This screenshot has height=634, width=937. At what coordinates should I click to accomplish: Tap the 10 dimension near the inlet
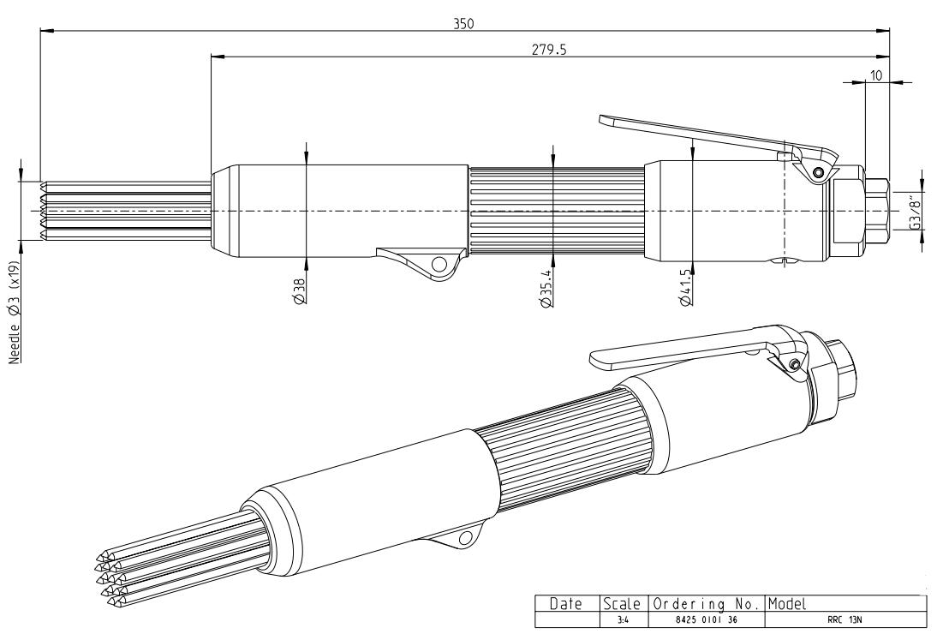pyautogui.click(x=876, y=75)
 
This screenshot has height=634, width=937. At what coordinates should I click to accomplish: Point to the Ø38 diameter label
pyautogui.click(x=300, y=292)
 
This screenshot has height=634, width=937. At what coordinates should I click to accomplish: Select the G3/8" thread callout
pyautogui.click(x=915, y=211)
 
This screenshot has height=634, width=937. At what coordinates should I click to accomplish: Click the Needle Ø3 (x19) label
pyautogui.click(x=16, y=313)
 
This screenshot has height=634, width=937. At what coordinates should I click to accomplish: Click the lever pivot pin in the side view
pyautogui.click(x=819, y=172)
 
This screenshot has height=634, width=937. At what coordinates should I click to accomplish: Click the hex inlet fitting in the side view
pyautogui.click(x=876, y=209)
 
